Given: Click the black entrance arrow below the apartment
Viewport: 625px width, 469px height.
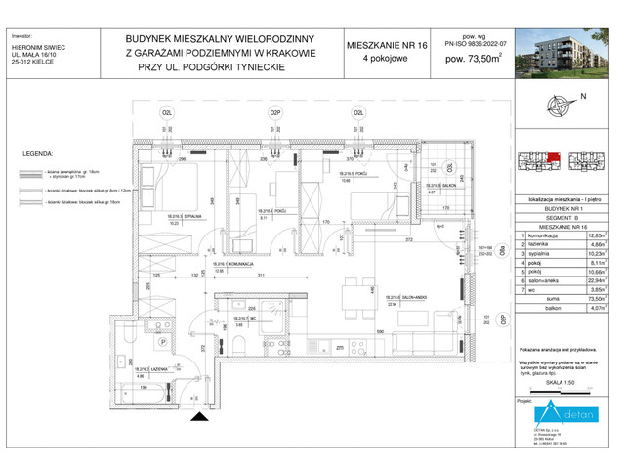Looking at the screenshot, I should tap(200, 417).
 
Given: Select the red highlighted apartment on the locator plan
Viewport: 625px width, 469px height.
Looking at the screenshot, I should tap(553, 156).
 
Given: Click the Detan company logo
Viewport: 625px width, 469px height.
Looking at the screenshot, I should tap(569, 411).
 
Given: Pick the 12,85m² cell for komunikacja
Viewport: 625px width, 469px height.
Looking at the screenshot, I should tap(593, 236).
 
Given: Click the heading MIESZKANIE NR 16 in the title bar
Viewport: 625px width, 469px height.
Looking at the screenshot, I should tap(387, 46).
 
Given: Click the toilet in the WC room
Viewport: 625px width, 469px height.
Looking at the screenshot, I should tap(237, 341).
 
